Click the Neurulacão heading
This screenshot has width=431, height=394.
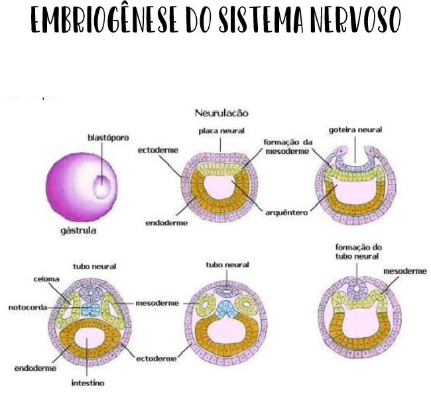pos(221,113)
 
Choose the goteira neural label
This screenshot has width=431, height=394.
pos(355,131)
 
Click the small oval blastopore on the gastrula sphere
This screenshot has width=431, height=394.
pos(101,186)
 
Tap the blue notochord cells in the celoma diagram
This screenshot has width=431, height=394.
pos(88,309)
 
